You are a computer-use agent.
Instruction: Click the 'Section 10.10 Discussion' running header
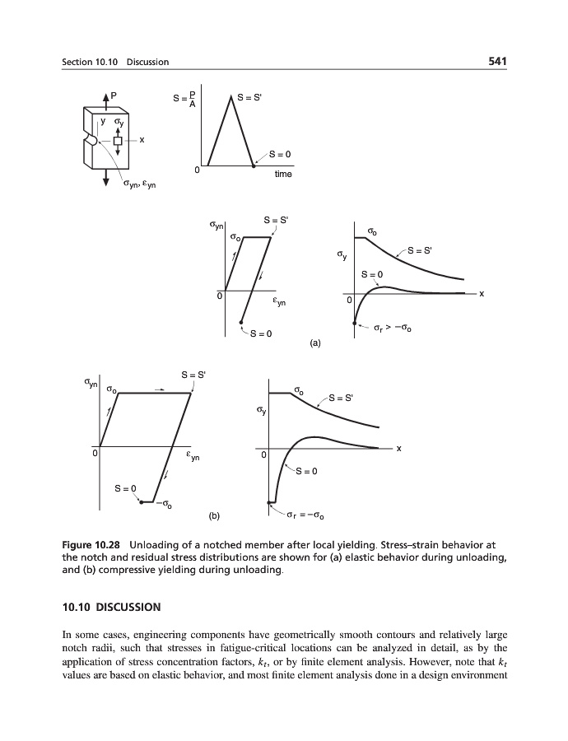point(115,62)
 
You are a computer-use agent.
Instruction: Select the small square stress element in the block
point(118,142)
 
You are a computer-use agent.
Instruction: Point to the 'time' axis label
point(282,175)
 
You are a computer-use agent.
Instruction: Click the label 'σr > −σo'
point(390,329)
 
